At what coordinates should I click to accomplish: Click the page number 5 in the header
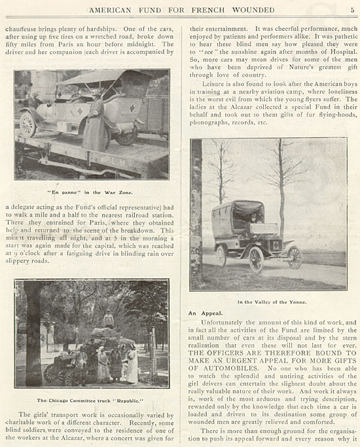(x=352, y=10)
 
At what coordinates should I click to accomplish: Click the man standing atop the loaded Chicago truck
(x=109, y=319)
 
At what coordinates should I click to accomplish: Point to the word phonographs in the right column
(x=210, y=122)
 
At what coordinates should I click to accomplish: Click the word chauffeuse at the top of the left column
(x=30, y=29)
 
